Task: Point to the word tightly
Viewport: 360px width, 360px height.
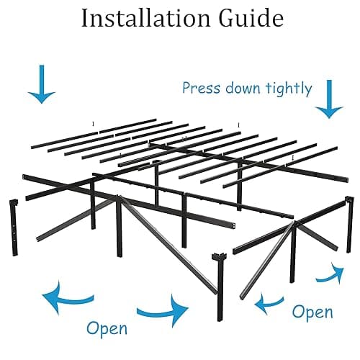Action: (287, 89)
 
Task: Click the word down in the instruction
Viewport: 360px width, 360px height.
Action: (240, 89)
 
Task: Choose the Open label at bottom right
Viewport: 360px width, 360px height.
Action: (313, 312)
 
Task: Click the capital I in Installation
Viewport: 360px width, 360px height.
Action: (86, 19)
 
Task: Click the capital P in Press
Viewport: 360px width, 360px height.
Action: (186, 89)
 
